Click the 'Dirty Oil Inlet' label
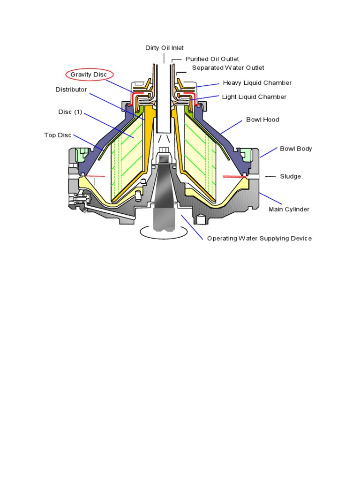point(165,48)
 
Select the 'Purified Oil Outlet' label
point(212,59)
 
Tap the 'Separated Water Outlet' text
point(228,68)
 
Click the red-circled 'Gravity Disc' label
point(89,75)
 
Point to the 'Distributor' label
point(71,90)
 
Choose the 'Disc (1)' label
point(70,112)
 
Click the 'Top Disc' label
point(58,135)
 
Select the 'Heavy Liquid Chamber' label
point(257,83)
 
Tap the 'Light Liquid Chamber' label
point(254,97)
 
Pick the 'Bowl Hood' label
point(262,120)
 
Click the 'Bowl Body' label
point(296,149)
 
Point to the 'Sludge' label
point(290,177)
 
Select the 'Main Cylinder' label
point(289,210)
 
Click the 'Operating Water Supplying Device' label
point(259,239)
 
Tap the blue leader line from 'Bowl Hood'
point(231,127)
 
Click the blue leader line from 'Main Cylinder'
point(270,198)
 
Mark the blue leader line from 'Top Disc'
point(88,142)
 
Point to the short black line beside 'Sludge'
point(270,177)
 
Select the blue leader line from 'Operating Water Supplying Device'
point(192,227)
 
